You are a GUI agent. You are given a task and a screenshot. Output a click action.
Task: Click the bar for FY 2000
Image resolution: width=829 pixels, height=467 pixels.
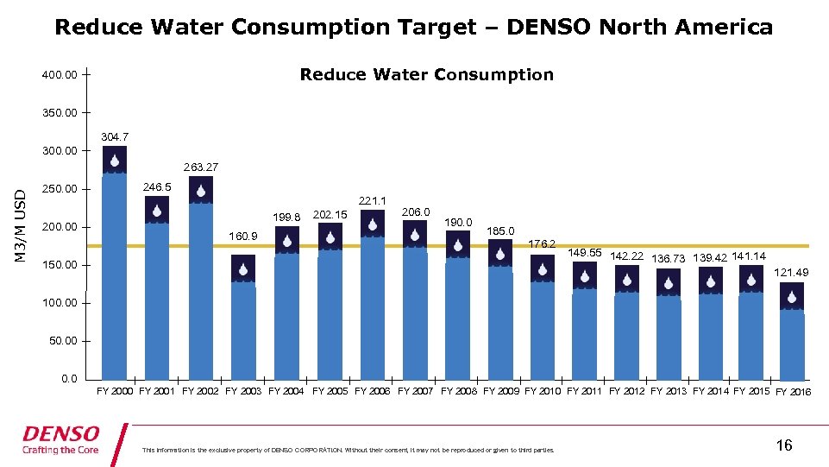[114, 268]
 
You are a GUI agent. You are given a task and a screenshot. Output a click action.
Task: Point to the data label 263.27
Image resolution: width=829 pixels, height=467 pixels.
[200, 167]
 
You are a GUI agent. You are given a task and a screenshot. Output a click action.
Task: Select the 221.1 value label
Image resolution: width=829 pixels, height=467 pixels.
[372, 200]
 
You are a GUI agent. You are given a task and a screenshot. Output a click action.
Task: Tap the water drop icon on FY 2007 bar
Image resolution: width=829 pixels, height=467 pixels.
[415, 234]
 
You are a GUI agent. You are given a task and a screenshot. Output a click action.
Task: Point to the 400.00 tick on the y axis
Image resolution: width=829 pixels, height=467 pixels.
[60, 75]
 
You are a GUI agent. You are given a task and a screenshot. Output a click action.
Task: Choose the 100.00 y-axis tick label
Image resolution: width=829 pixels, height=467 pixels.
[60, 303]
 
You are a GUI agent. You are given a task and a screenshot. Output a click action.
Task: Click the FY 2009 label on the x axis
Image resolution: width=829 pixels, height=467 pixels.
[502, 391]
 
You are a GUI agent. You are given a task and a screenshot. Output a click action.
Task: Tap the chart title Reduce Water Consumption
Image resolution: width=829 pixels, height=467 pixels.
[426, 75]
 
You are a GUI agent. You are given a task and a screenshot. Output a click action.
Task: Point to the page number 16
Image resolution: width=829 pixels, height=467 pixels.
[783, 445]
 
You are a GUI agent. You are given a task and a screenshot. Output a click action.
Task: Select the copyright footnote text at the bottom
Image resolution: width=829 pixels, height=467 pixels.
[348, 450]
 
